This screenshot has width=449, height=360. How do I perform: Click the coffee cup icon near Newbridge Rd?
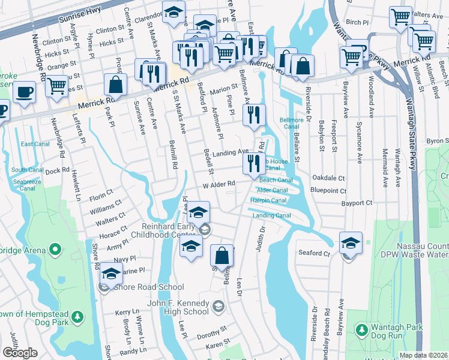24,92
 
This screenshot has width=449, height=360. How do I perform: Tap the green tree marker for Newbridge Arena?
56,248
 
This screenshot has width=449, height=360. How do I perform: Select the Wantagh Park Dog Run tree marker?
361,329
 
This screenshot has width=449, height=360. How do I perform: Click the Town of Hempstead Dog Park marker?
77,316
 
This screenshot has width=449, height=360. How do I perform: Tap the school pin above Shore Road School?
110,273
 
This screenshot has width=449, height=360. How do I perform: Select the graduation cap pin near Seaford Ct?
351,243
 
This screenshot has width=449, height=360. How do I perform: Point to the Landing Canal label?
271,215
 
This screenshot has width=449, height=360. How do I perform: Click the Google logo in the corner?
20,353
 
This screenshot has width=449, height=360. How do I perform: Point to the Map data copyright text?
423,355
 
